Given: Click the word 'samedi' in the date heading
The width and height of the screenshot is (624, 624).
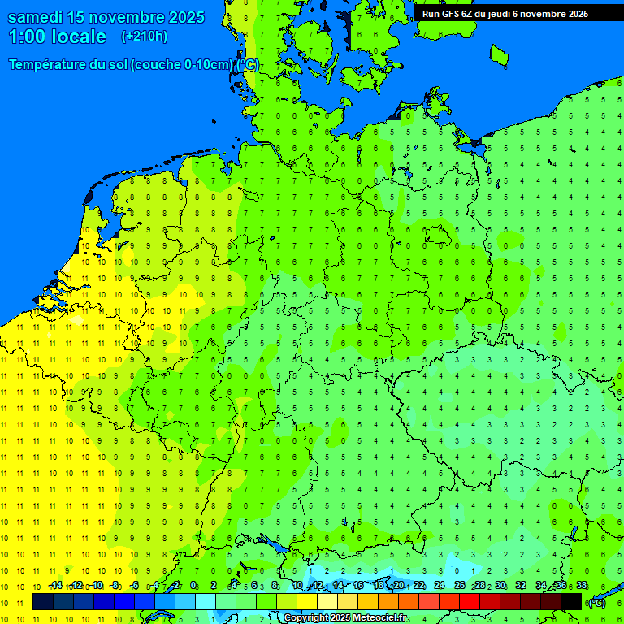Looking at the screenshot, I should (38, 17).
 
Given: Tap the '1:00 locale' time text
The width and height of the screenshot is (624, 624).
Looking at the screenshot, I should (58, 37).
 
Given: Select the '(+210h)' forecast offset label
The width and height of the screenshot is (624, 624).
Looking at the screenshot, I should (145, 37).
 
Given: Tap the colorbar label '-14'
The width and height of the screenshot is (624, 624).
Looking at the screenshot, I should (54, 585).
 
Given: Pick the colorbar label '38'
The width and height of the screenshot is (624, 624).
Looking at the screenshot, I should (582, 585).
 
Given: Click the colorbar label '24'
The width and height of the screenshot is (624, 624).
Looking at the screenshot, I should (440, 585).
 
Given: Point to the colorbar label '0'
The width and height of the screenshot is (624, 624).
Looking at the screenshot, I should (193, 585).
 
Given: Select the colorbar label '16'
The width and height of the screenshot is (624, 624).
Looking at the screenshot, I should (358, 585).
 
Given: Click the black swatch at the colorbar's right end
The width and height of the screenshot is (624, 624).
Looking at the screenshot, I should (571, 601).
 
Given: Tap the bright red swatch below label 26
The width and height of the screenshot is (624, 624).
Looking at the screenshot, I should (470, 601).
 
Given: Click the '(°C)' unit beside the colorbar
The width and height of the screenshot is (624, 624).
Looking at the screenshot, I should (597, 602).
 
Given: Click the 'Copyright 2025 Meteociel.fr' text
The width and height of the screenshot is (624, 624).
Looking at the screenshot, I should (346, 618).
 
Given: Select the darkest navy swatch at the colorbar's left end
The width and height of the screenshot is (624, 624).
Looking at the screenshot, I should (43, 601).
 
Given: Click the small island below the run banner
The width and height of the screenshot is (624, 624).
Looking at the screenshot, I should (499, 54).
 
